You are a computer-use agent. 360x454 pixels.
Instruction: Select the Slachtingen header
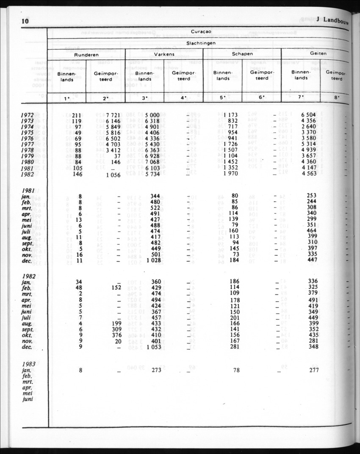pyautogui.click(x=198, y=43)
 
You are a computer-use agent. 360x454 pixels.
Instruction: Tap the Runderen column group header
pyautogui.click(x=86, y=55)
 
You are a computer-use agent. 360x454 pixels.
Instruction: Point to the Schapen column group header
pyautogui.click(x=242, y=54)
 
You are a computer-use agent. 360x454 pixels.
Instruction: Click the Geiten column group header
pyautogui.click(x=318, y=54)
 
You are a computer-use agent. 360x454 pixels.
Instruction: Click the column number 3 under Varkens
pyautogui.click(x=144, y=98)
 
